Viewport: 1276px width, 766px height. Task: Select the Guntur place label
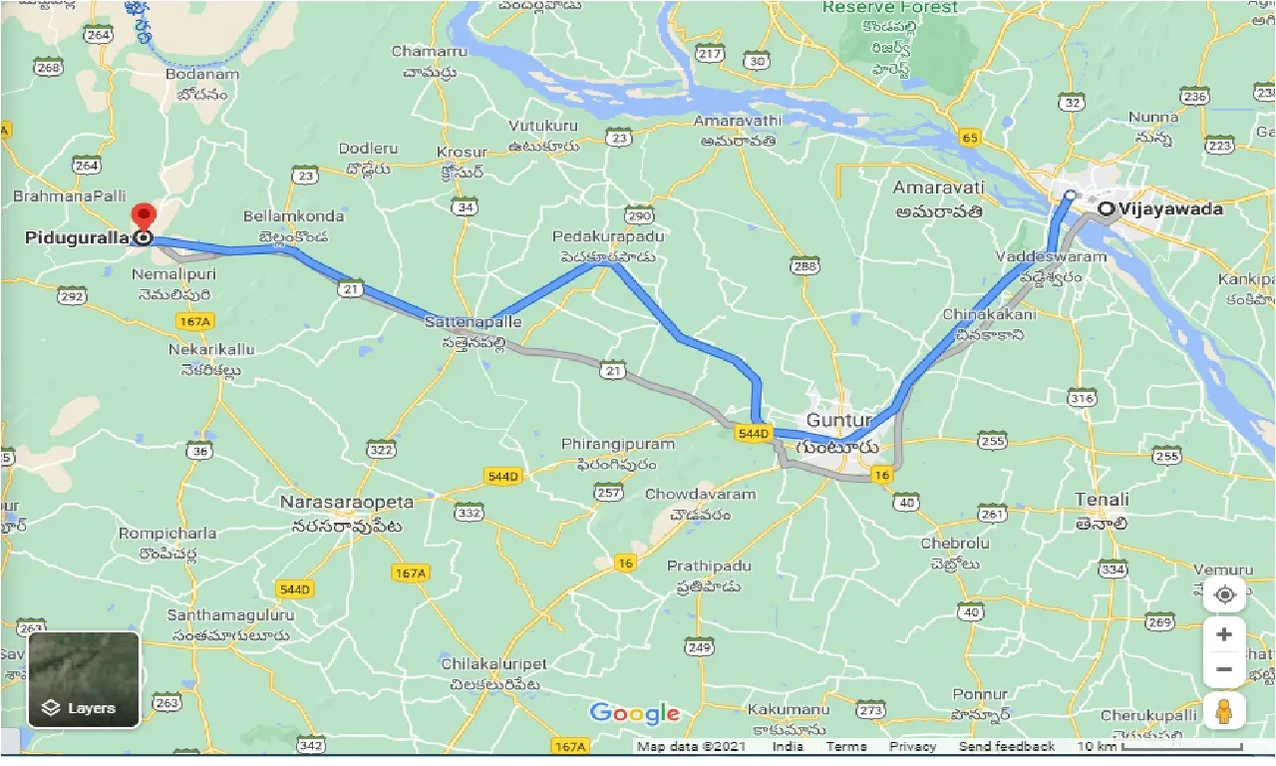[839, 420]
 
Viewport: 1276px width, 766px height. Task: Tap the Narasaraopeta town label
[347, 502]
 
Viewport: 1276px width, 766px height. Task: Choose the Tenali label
[1102, 500]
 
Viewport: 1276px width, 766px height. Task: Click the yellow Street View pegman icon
[1224, 711]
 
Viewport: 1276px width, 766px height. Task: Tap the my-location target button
[1224, 595]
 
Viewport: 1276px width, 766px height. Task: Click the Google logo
[635, 713]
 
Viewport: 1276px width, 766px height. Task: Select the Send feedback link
[1006, 746]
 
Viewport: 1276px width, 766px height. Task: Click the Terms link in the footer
[846, 746]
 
